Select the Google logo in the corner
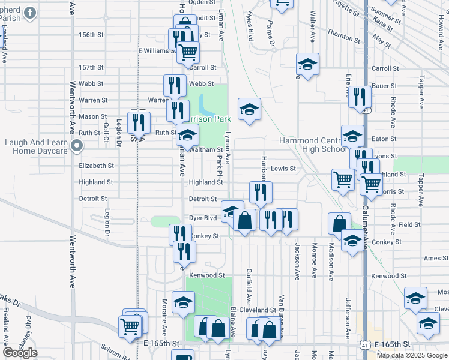[x=20, y=353]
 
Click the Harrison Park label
[x=211, y=119]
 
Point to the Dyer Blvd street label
[x=202, y=218]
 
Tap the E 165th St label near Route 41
[x=394, y=344]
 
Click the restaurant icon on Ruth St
[x=138, y=124]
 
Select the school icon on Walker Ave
[x=307, y=64]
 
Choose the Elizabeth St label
[x=96, y=166]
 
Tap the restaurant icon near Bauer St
[x=360, y=97]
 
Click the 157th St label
[x=91, y=68]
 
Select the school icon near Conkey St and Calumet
[x=352, y=241]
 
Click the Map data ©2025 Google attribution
[x=412, y=355]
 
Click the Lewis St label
[x=283, y=169]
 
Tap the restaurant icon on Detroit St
[x=261, y=192]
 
